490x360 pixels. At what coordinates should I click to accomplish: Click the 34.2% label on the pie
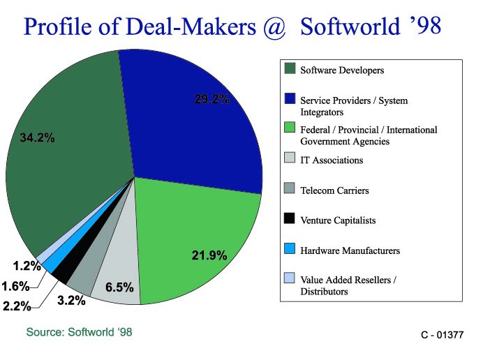[37, 137]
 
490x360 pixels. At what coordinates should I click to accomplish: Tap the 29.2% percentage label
[211, 99]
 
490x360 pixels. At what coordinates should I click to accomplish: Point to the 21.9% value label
[209, 256]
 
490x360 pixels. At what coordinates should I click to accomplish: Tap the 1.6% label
[15, 285]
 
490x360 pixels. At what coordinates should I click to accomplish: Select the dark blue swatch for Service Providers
[290, 99]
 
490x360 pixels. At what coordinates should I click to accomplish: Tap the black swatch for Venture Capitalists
[290, 220]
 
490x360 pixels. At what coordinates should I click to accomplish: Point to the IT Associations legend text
[332, 160]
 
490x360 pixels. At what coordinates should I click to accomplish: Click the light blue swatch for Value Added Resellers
[290, 280]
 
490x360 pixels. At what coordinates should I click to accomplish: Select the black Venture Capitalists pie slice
[61, 273]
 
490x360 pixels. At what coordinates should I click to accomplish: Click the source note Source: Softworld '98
[79, 332]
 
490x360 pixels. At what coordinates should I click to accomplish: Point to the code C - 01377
[442, 336]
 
